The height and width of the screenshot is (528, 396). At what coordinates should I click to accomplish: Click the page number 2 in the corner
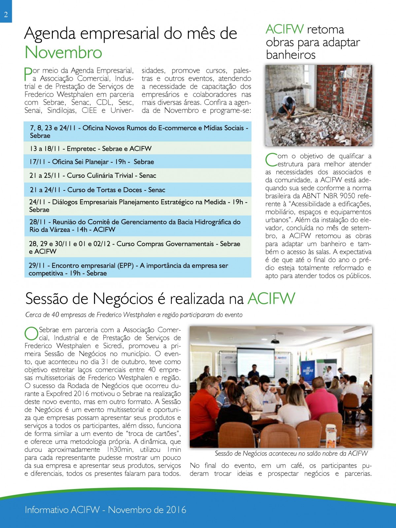[x=6, y=15]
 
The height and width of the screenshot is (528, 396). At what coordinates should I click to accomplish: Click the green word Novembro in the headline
[x=63, y=52]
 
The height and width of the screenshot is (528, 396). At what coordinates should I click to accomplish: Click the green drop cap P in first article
[x=28, y=74]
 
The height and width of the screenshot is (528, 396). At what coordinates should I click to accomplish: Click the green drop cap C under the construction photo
[x=271, y=160]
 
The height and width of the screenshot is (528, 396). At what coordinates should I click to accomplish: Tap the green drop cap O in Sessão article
[x=31, y=333]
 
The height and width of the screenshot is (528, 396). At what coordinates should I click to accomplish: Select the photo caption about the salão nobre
[x=291, y=453]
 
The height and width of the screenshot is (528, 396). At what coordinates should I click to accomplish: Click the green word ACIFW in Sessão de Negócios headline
[x=271, y=299]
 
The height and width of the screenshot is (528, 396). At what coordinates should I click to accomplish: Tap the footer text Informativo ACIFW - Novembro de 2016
[x=106, y=510]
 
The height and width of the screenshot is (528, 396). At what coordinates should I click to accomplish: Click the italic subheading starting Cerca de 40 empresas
[x=134, y=315]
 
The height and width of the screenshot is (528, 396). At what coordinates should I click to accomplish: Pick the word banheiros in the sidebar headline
[x=291, y=55]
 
